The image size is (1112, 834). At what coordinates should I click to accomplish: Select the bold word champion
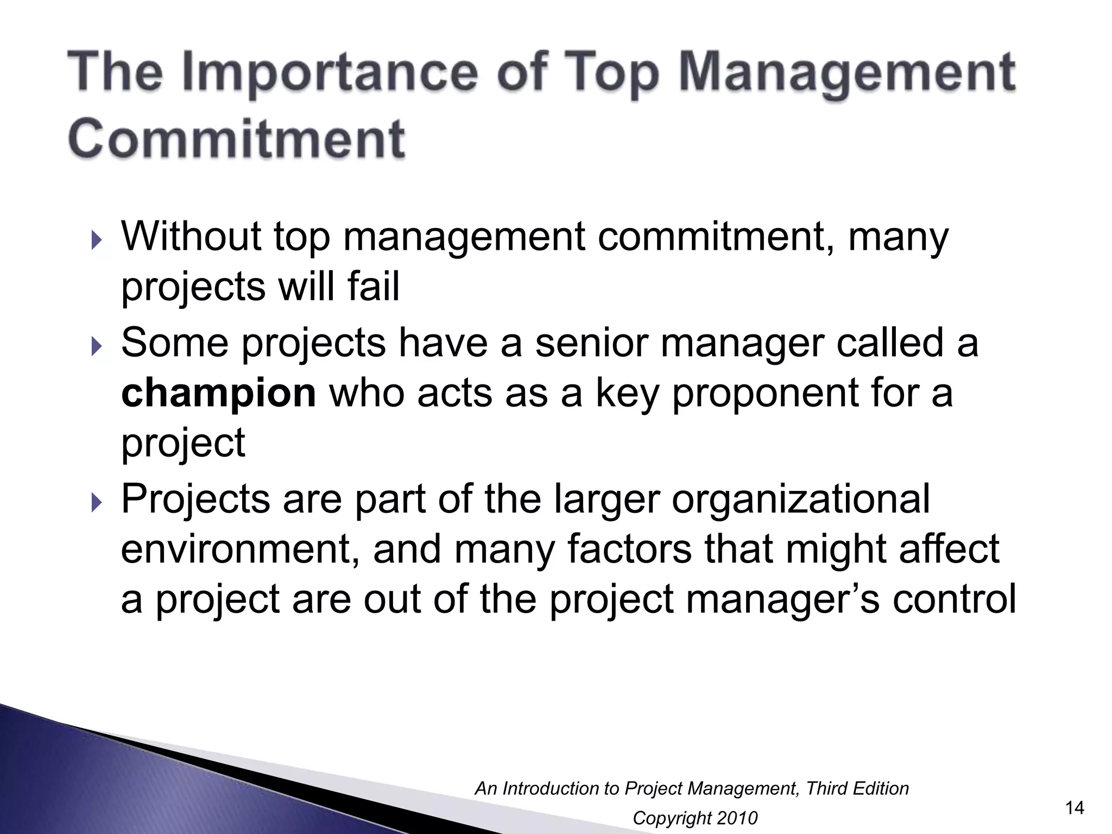[x=218, y=393]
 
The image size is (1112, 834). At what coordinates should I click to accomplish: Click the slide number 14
[x=1075, y=808]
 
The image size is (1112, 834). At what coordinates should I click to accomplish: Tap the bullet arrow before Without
[x=96, y=239]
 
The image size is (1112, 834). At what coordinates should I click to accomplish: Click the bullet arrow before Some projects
[x=96, y=346]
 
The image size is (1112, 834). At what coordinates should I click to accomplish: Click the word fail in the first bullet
[x=374, y=286]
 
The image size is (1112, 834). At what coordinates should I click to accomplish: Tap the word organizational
[x=801, y=500]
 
